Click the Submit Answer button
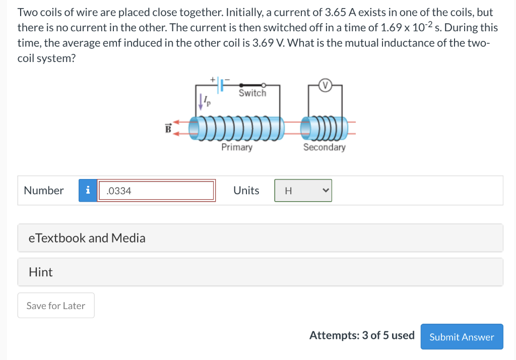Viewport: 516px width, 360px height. tap(462, 337)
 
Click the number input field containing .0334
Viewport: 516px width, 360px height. tap(156, 191)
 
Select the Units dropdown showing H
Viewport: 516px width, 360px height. tap(303, 191)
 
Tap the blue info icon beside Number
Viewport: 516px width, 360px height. tap(88, 191)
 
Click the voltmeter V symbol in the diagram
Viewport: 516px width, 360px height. tap(325, 86)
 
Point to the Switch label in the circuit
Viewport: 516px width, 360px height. tap(252, 93)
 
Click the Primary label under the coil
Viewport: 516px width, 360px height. tap(237, 147)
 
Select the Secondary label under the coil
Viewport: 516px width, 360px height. tap(325, 147)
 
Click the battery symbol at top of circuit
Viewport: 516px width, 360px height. tap(220, 85)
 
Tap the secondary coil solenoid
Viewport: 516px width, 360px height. tap(325, 128)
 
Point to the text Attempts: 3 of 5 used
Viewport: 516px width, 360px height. tap(362, 336)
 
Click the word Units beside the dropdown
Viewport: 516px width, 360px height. tap(246, 191)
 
